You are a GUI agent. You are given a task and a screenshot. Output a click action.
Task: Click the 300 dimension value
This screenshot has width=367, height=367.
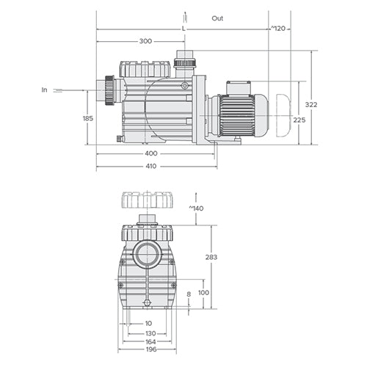click(x=145, y=41)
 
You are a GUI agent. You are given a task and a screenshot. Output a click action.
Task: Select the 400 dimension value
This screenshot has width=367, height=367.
click(x=150, y=153)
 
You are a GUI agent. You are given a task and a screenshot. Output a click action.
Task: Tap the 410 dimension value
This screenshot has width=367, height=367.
click(x=150, y=166)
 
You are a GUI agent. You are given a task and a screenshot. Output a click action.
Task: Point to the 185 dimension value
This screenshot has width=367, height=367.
click(x=88, y=117)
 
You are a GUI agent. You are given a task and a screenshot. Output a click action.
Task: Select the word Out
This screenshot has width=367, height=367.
click(x=218, y=17)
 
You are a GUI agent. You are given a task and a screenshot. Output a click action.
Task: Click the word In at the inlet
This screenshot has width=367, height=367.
click(x=45, y=90)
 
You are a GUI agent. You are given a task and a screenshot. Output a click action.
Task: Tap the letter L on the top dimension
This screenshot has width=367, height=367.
click(x=183, y=28)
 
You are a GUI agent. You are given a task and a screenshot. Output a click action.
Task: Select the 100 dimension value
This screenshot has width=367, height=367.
click(x=203, y=293)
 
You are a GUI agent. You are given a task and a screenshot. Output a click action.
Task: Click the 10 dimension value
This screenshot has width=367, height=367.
click(x=149, y=323)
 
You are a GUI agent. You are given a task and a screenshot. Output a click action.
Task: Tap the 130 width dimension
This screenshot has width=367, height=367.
click(x=149, y=333)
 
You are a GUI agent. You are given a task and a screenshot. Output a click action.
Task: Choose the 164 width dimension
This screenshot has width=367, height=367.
click(x=149, y=341)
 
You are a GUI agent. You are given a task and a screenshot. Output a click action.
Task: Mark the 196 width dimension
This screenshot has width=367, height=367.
click(x=149, y=351)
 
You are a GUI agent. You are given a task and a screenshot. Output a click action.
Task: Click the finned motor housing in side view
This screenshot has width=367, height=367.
click(x=236, y=115)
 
